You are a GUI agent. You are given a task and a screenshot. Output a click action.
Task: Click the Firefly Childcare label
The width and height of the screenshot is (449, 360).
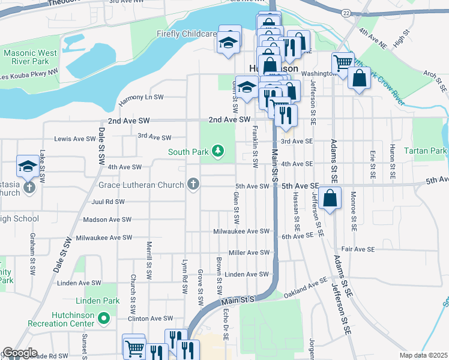click(x=186, y=34)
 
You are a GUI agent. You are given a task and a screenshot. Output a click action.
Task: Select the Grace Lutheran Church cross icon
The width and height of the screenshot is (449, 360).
click(x=193, y=184)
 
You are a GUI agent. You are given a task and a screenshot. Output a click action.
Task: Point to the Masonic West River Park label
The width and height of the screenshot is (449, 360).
click(x=30, y=57)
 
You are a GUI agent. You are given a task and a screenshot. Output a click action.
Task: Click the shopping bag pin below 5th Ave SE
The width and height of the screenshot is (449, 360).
click(x=330, y=198)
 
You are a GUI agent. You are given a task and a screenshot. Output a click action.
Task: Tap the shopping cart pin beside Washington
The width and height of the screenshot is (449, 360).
click(x=343, y=62)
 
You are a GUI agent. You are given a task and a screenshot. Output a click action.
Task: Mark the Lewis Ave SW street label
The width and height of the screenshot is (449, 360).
click(x=75, y=139)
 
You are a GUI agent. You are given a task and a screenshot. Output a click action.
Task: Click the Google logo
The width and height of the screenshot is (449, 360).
click(x=19, y=353)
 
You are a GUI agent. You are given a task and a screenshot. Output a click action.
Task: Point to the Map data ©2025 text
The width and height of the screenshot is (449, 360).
click(x=423, y=355)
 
